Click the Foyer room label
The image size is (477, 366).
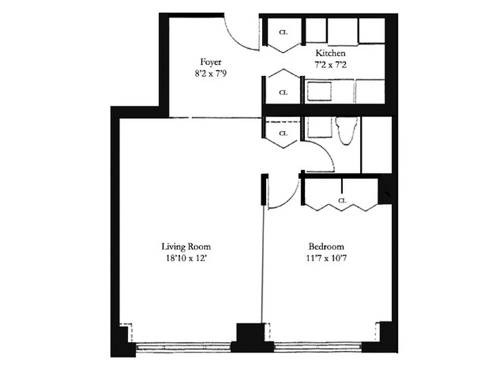211,62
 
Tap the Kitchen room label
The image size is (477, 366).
330,54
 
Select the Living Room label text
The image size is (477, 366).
186,247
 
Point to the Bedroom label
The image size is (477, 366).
326,247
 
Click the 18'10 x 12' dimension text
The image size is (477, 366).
186,258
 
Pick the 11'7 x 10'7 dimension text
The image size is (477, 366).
326,258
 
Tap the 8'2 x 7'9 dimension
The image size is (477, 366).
211,72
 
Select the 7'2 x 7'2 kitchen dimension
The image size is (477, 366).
330,65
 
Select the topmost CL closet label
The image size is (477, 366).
283,32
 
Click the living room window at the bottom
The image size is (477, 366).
183,347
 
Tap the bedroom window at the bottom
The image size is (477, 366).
318,347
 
